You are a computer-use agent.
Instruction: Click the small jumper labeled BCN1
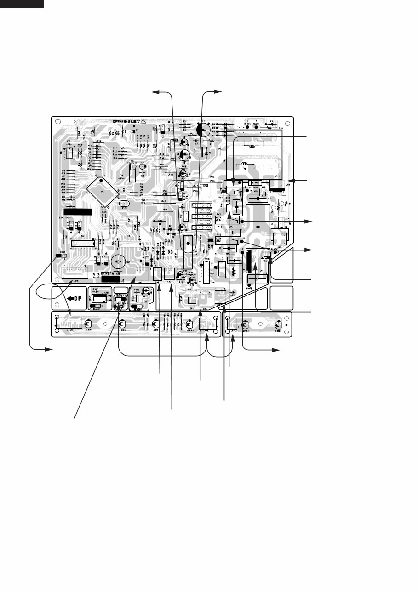(x=63, y=256)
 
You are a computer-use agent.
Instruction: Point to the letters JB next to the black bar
(x=122, y=279)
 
